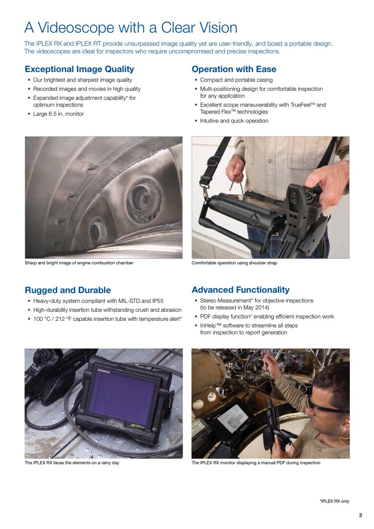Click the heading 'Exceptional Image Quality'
(x=79, y=69)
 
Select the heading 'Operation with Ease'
(x=234, y=69)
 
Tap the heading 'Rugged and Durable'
(x=68, y=290)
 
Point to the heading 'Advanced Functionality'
(x=240, y=290)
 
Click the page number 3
(x=360, y=515)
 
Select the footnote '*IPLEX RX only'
(x=334, y=501)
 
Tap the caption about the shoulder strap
(x=234, y=263)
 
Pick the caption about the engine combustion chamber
(x=79, y=263)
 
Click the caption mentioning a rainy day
(x=72, y=463)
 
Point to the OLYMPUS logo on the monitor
(x=104, y=371)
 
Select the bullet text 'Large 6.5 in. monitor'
(x=58, y=114)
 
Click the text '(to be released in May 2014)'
(x=235, y=308)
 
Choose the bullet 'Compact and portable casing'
(x=236, y=80)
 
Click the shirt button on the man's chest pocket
(x=269, y=160)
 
